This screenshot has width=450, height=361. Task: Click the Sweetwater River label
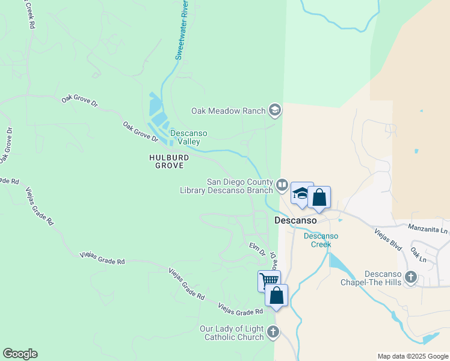pyautogui.click(x=182, y=30)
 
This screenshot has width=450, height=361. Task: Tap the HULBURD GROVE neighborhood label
pyautogui.click(x=169, y=161)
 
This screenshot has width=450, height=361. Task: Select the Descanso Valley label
pyautogui.click(x=189, y=137)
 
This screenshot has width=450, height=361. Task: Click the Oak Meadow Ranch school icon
pyautogui.click(x=275, y=110)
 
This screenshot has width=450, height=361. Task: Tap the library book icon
pyautogui.click(x=282, y=185)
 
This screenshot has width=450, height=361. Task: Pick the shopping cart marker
pyautogui.click(x=269, y=280)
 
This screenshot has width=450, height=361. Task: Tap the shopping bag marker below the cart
pyautogui.click(x=277, y=295)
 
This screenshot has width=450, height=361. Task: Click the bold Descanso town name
pyautogui.click(x=295, y=220)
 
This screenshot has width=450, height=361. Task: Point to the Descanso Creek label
pyautogui.click(x=321, y=240)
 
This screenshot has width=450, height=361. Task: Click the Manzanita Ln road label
pyautogui.click(x=428, y=229)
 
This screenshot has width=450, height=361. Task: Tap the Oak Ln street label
pyautogui.click(x=418, y=254)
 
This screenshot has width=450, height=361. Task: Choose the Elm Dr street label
pyautogui.click(x=257, y=248)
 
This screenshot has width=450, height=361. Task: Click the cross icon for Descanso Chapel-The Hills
pyautogui.click(x=411, y=277)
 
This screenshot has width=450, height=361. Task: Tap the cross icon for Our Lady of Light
pyautogui.click(x=273, y=332)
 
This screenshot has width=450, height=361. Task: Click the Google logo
pyautogui.click(x=20, y=354)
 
